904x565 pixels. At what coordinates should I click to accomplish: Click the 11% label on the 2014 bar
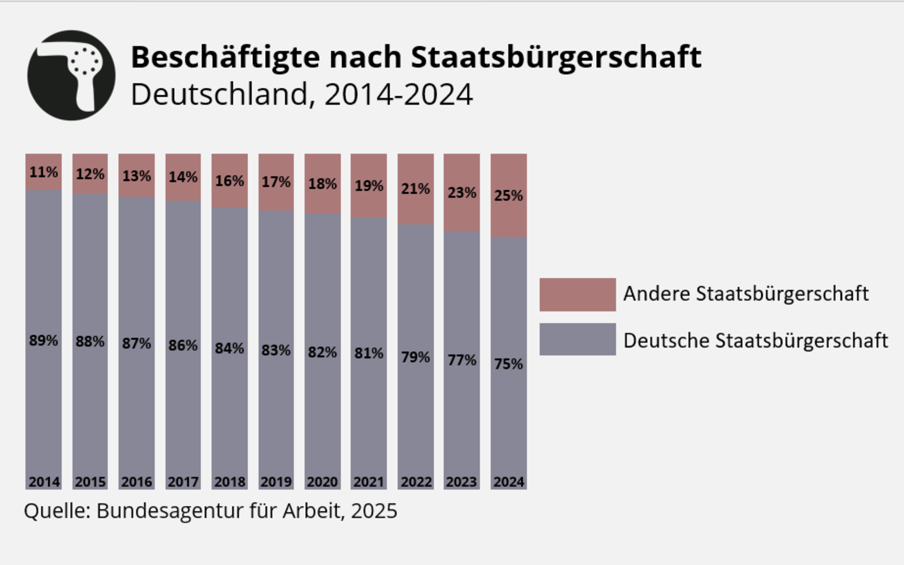tap(43, 172)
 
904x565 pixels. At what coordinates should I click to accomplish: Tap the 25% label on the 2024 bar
tap(508, 195)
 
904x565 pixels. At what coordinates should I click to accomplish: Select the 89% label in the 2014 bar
tap(43, 340)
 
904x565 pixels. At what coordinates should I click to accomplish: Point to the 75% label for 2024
tap(508, 364)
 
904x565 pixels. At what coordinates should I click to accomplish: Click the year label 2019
tap(276, 482)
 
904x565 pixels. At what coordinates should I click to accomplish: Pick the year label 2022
tap(416, 482)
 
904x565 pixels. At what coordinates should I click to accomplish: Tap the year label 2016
tap(137, 482)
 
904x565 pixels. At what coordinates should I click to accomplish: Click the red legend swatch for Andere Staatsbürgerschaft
tap(577, 294)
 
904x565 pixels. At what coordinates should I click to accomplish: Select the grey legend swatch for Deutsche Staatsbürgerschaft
tap(577, 339)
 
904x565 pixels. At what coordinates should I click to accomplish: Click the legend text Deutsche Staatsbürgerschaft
tap(755, 340)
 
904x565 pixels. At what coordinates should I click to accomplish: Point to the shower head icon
tap(71, 75)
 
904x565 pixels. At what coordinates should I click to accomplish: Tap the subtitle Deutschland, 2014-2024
tap(301, 94)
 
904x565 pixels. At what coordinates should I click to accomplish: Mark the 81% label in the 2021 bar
tap(369, 353)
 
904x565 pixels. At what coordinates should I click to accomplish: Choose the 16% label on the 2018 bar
tap(229, 181)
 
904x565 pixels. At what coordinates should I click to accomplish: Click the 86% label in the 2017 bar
tap(183, 346)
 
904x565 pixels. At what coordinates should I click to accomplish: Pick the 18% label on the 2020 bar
tap(323, 184)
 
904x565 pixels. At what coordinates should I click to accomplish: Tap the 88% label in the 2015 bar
tap(90, 342)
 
